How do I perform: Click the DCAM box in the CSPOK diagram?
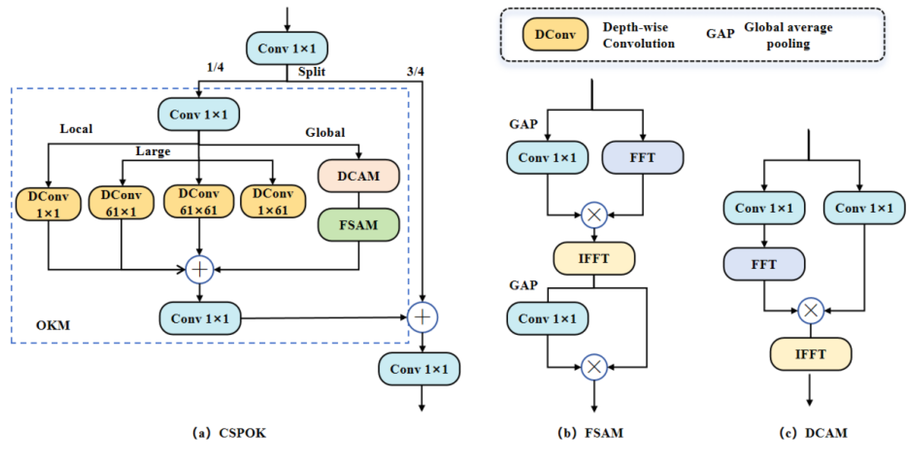(358, 176)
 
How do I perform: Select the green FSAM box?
(358, 225)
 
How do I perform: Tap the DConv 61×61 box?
(199, 201)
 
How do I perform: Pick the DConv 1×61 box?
(273, 201)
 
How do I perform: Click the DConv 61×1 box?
(121, 203)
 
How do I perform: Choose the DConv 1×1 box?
(48, 204)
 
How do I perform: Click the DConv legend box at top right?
(555, 34)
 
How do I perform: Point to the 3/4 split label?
(415, 71)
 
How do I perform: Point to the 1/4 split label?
(215, 67)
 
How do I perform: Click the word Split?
(312, 71)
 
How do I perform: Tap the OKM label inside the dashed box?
(53, 325)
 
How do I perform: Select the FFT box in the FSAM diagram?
(642, 157)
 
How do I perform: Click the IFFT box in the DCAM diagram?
(810, 354)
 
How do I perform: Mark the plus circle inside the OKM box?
(200, 270)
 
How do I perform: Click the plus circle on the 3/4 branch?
(422, 317)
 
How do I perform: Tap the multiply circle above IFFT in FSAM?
(594, 215)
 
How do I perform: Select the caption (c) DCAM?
(813, 433)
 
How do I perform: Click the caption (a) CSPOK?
(229, 433)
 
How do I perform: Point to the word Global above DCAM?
(325, 132)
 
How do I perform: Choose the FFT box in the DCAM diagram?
(764, 264)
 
